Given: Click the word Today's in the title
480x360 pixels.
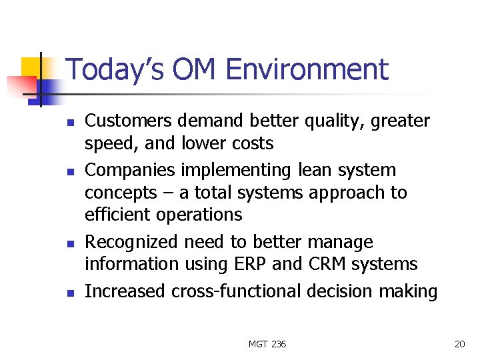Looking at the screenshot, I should coord(107,70).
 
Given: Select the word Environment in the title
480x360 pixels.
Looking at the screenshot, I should coord(307,70).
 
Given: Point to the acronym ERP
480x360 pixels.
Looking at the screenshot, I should coord(249,264).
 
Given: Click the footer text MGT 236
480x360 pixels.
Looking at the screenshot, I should coord(267,344).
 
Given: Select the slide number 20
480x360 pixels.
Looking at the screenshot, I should coord(459,344).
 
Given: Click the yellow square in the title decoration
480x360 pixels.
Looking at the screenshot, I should coord(31,68).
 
